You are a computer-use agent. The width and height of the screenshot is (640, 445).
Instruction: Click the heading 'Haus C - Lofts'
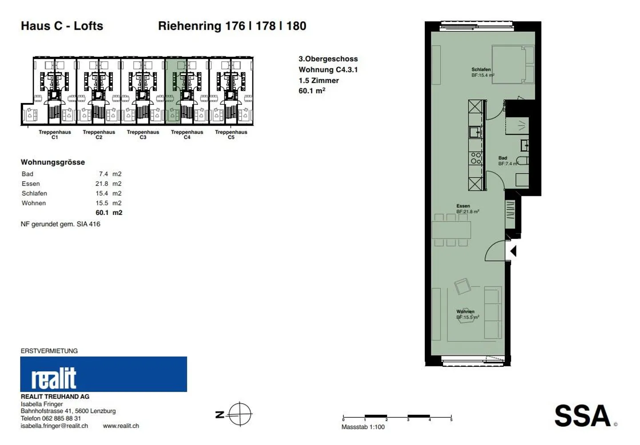click(x=62, y=26)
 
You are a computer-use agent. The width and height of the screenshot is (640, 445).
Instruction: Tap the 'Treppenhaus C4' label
click(x=187, y=135)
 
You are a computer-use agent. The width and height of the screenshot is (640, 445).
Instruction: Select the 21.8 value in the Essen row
click(x=102, y=183)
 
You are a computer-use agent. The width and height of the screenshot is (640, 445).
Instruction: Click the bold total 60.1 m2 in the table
click(x=109, y=213)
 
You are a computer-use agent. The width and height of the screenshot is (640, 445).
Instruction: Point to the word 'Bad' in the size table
click(x=28, y=174)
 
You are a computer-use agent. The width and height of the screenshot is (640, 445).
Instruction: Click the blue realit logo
click(x=104, y=374)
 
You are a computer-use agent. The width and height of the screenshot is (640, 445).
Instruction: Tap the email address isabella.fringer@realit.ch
click(x=54, y=426)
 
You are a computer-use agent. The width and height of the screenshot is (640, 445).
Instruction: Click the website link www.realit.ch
click(x=121, y=426)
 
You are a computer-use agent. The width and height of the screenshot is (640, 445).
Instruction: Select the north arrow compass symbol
click(x=240, y=414)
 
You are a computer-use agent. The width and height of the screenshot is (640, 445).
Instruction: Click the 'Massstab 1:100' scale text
click(x=363, y=427)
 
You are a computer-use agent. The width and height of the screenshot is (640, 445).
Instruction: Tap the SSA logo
click(x=583, y=416)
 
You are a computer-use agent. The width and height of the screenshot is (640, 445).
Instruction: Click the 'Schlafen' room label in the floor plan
click(x=481, y=69)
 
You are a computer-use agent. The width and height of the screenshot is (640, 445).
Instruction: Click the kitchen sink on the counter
click(x=475, y=132)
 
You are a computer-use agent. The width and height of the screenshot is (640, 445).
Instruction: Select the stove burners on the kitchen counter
click(x=476, y=158)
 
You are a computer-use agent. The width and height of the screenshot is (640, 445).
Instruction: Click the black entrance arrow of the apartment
click(x=513, y=251)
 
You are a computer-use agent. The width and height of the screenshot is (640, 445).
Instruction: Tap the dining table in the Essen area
click(x=451, y=230)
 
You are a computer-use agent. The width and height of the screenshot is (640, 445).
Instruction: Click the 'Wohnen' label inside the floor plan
click(x=465, y=311)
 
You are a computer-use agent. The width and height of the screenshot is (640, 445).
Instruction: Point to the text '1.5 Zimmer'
click(x=319, y=80)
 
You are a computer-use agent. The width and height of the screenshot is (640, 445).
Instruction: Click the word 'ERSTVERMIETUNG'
click(x=49, y=351)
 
